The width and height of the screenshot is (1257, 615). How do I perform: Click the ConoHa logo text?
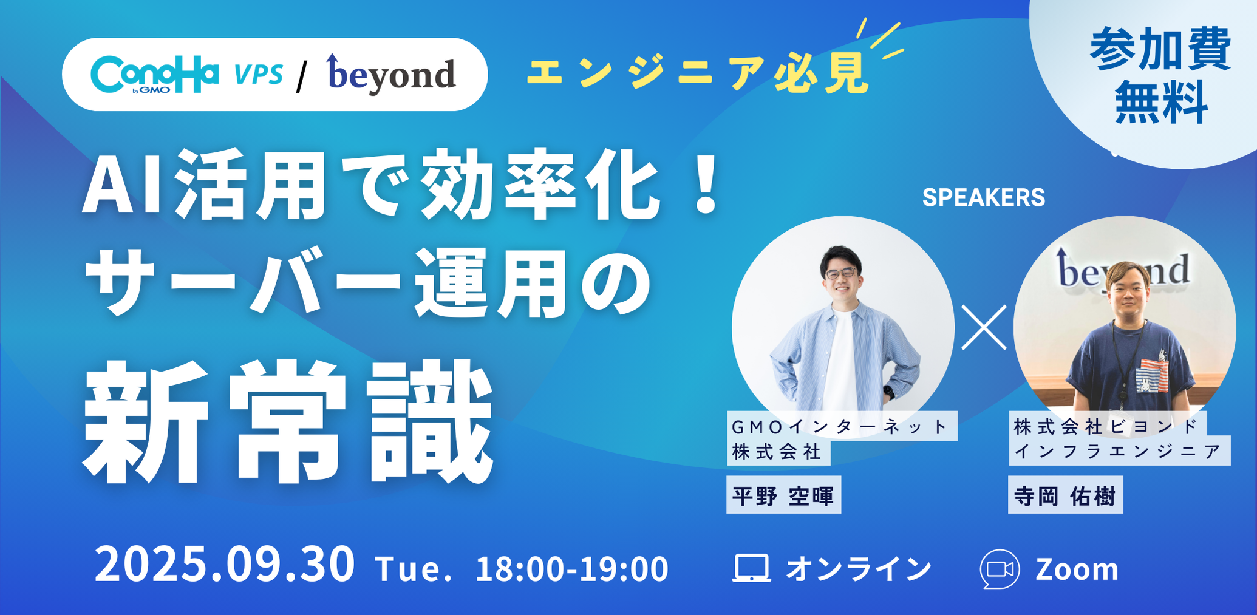[154, 75]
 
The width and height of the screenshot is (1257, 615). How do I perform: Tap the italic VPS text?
[259, 75]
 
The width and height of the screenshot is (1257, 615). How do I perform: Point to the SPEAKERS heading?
[983, 197]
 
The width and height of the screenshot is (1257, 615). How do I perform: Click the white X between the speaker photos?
[984, 328]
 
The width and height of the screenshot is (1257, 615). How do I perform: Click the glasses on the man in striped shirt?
[842, 274]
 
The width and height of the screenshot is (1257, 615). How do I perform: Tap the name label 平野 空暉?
[783, 496]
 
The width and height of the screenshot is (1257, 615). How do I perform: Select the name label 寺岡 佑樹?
[1065, 496]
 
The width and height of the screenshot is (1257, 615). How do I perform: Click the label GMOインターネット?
[840, 427]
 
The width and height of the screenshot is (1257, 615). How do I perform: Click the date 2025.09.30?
[225, 565]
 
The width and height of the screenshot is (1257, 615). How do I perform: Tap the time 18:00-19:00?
[571, 569]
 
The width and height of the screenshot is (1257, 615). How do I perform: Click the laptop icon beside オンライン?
[751, 568]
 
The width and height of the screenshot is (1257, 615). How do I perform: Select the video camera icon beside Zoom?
[1000, 569]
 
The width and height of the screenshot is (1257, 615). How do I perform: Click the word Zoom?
[1077, 569]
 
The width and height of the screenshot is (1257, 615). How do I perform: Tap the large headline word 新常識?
[288, 422]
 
